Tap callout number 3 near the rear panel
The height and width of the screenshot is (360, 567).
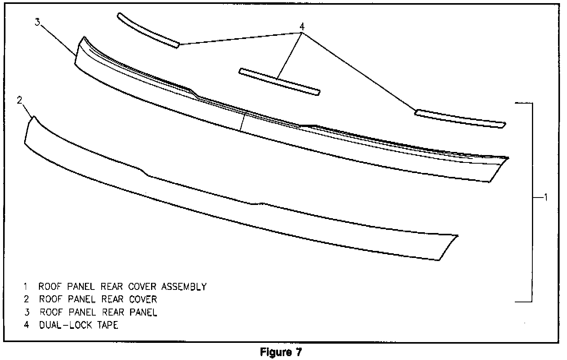tap(37, 22)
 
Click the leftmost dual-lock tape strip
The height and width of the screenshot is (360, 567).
tap(148, 30)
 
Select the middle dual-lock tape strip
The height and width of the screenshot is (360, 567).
tap(279, 82)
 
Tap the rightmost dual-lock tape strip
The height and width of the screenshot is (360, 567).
tap(460, 118)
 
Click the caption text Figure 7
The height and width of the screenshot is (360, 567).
tap(281, 353)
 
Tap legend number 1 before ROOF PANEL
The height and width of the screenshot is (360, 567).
tap(25, 287)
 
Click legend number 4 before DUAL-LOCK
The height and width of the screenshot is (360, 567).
tap(26, 325)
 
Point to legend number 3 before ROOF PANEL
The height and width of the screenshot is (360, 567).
tap(26, 312)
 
